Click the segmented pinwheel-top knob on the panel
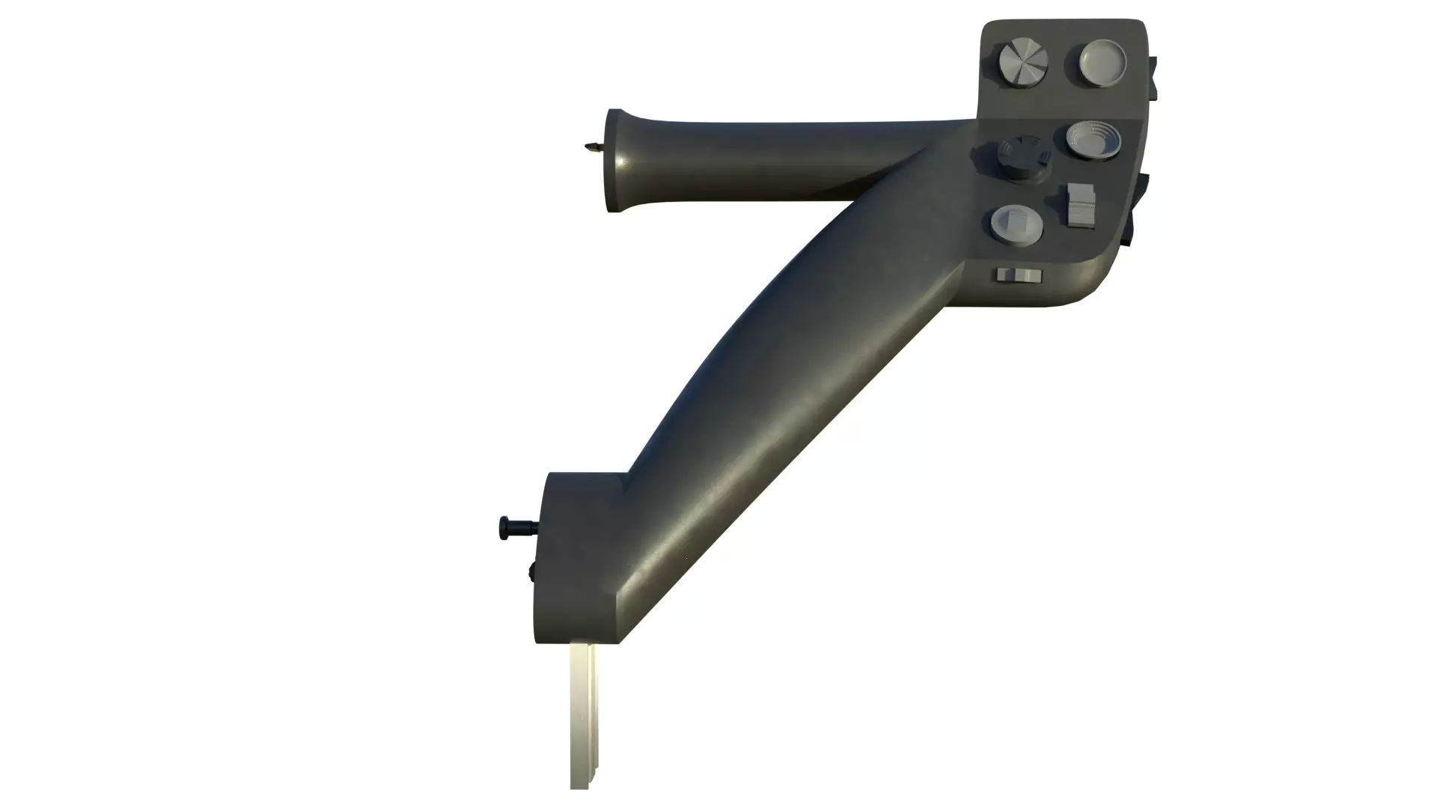click(1023, 63)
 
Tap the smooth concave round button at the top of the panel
click(1102, 61)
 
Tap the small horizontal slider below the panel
click(1019, 275)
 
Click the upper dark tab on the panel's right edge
click(1153, 78)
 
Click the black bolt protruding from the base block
click(516, 527)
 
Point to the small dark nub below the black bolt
click(531, 572)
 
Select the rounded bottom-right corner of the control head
click(1100, 288)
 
